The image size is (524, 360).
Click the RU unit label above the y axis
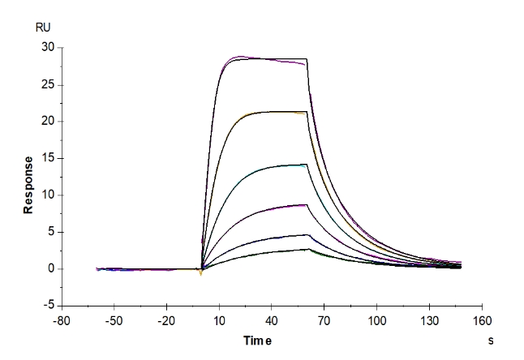(43, 27)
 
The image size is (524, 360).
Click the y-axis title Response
(28, 185)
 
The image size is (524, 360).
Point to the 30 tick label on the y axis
(48, 48)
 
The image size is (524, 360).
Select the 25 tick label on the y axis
(48, 84)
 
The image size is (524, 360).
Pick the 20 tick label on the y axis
(48, 122)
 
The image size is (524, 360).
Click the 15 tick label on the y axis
(48, 158)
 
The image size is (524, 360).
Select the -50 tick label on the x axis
(114, 319)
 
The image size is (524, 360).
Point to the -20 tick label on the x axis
(166, 319)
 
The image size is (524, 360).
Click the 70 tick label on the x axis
(324, 319)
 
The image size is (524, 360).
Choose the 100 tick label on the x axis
(377, 319)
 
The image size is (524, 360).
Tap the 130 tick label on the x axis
(430, 319)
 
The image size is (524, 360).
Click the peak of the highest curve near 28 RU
(240, 57)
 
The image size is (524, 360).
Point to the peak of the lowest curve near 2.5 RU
(307, 250)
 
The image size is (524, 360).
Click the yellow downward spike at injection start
(200, 274)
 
